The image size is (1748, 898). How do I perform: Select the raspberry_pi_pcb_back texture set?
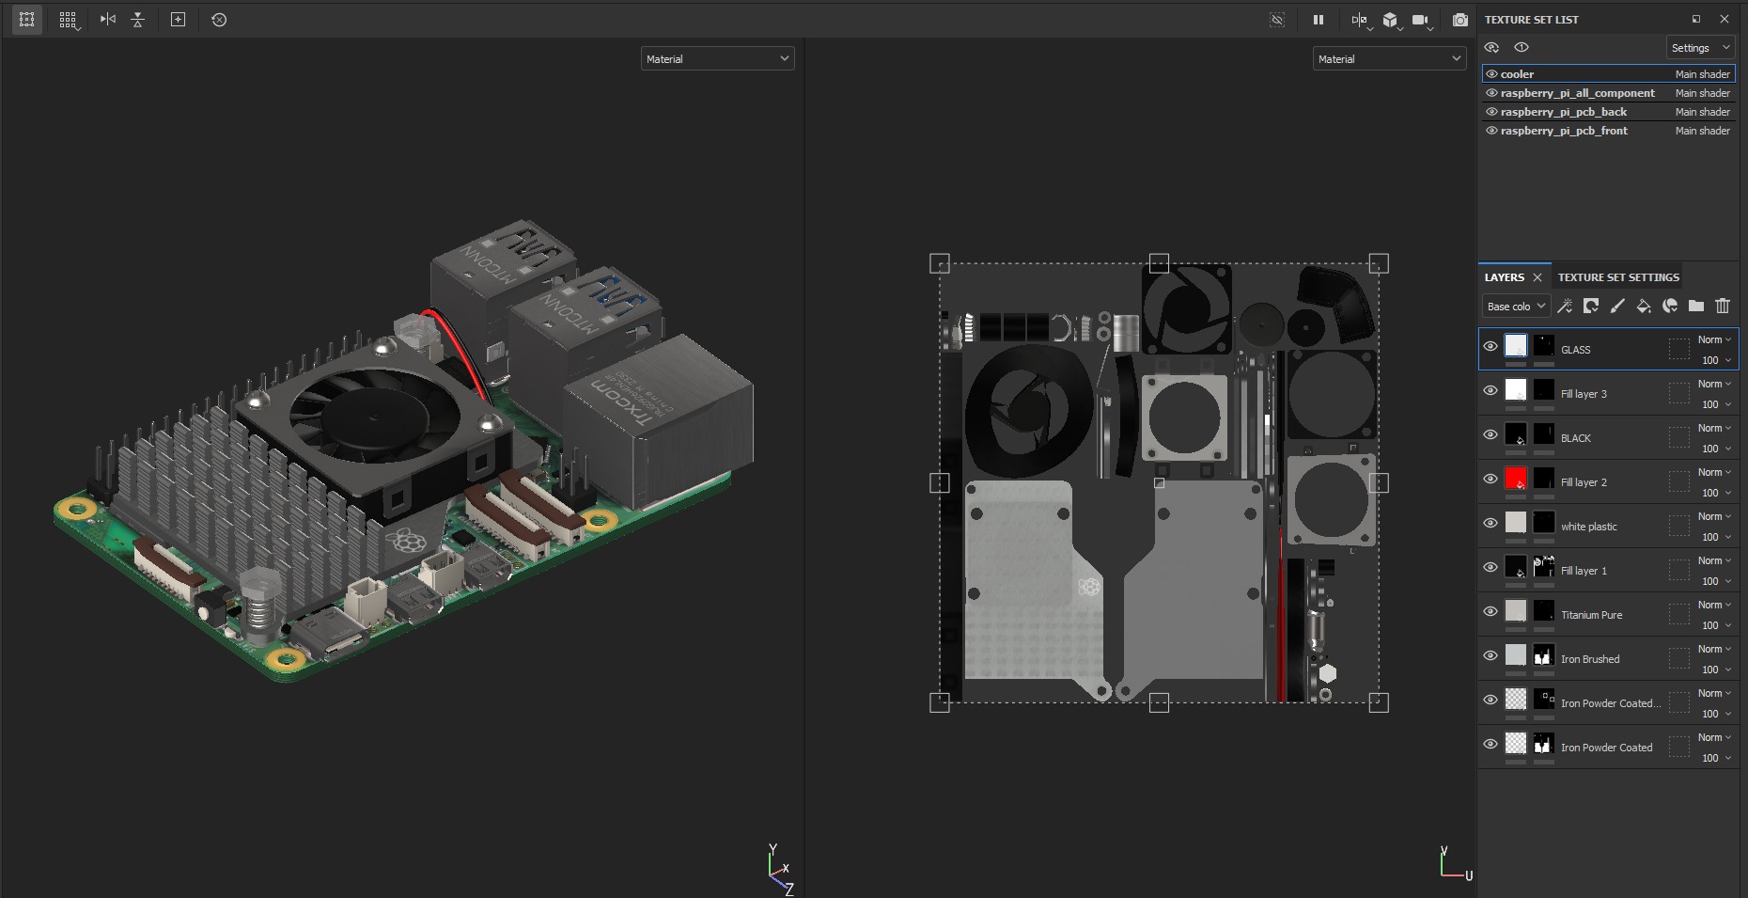(1563, 112)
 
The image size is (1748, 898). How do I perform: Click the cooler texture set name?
(1517, 74)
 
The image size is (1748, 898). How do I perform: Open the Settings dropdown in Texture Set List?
(1699, 48)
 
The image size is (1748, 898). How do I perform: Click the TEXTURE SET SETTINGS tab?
(1617, 277)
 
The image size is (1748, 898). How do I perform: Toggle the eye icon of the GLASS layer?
(1490, 346)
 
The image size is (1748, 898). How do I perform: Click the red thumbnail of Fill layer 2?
(1515, 479)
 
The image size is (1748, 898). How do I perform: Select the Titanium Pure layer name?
(1591, 615)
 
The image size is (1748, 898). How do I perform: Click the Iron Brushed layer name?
(1589, 659)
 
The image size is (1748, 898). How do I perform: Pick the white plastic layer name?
(1588, 527)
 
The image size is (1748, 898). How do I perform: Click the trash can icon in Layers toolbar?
(1723, 306)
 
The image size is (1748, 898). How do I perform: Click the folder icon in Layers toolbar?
(1695, 306)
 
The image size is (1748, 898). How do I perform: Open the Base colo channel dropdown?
(1515, 307)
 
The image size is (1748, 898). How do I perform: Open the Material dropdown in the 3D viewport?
(717, 59)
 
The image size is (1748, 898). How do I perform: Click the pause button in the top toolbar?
(1319, 20)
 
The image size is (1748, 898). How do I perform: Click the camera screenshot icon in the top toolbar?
(1459, 20)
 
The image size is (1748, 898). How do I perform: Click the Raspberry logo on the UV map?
(1089, 587)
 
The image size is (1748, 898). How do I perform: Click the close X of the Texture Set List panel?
(1724, 20)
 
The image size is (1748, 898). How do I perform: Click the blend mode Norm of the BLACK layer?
(1713, 428)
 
